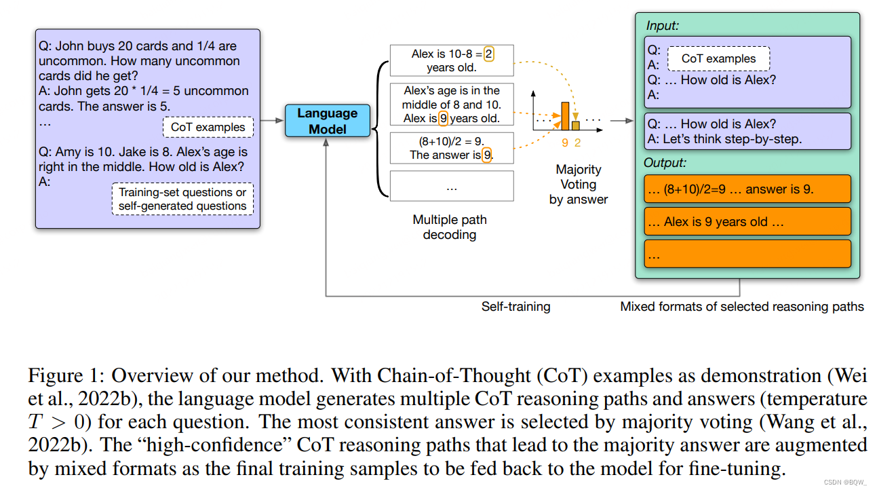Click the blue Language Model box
pyautogui.click(x=328, y=121)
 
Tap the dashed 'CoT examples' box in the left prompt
pyautogui.click(x=208, y=127)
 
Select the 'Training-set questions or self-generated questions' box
pyautogui.click(x=182, y=199)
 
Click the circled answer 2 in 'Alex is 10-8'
pyautogui.click(x=489, y=54)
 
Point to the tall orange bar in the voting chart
pyautogui.click(x=564, y=115)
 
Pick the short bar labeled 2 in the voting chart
pyautogui.click(x=576, y=126)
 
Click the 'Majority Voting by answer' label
pyautogui.click(x=579, y=184)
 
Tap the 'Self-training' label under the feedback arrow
pyautogui.click(x=515, y=307)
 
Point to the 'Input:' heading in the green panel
pyautogui.click(x=662, y=25)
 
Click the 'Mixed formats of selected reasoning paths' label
pyautogui.click(x=742, y=307)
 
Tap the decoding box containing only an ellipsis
pyautogui.click(x=452, y=187)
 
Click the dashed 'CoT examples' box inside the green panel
pyautogui.click(x=718, y=58)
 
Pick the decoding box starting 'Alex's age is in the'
pyautogui.click(x=452, y=104)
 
